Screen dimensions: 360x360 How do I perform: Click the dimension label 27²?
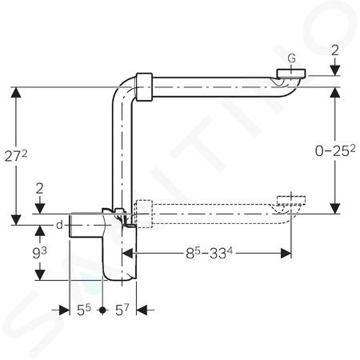[x=16, y=156]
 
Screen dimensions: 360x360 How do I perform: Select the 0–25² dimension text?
[x=335, y=150]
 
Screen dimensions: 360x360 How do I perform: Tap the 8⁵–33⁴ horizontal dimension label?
[x=209, y=253]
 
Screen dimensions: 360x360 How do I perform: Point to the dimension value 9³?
[x=39, y=253]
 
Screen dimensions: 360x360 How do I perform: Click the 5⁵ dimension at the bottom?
[x=84, y=310]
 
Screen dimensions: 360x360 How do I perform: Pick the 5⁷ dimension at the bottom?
[x=122, y=310]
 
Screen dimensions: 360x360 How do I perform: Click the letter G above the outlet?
[x=292, y=58]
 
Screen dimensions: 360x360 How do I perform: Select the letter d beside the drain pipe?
[x=59, y=226]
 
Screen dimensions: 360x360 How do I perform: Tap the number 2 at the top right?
[x=335, y=50]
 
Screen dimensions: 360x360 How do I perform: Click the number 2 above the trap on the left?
[x=39, y=189]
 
